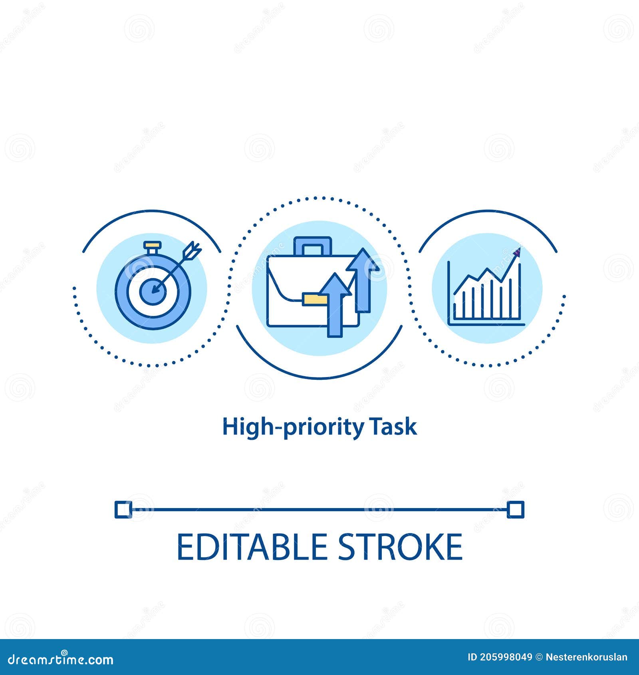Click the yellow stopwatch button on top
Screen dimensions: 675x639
point(151,244)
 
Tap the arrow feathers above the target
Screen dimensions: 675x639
point(192,250)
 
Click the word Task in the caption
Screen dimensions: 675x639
point(394,427)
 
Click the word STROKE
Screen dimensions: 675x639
point(400,547)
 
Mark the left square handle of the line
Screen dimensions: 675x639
point(122,510)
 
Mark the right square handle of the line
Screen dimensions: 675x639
point(516,510)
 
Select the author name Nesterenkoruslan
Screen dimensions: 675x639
point(586,657)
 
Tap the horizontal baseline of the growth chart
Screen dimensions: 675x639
point(486,324)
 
